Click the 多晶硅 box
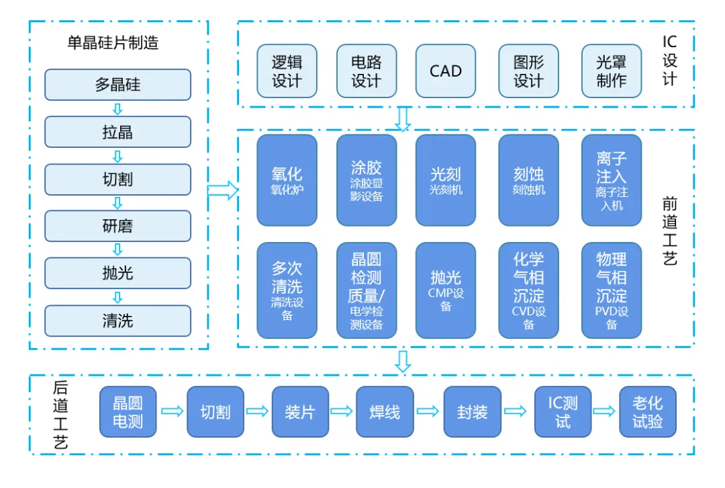point(117,85)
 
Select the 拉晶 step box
point(117,132)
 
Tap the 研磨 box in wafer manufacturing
point(117,227)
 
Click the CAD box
point(446,71)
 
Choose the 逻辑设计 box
point(287,71)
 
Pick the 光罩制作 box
point(611,71)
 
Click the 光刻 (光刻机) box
point(446,180)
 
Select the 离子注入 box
point(611,180)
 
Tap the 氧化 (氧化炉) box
point(287,180)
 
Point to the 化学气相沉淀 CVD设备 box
point(528,290)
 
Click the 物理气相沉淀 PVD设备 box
point(611,290)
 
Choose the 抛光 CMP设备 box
point(446,290)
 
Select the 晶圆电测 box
point(128,412)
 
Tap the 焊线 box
point(385,412)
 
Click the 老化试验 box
point(647,412)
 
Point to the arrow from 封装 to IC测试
point(516,411)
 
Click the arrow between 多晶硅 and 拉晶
point(117,109)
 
